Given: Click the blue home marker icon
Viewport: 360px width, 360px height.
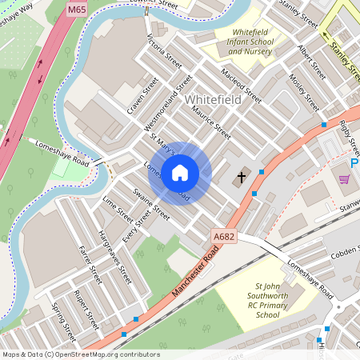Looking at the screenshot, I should coord(180,172).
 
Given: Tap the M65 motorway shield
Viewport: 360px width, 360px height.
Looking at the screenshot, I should coord(78,10).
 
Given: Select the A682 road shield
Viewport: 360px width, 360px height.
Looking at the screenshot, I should coord(225,236).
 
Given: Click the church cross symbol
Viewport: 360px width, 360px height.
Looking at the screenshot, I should coord(242,177).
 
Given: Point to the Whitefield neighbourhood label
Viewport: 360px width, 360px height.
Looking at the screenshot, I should coord(212,100).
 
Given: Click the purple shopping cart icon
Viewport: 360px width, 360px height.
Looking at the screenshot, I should coord(344,180).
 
